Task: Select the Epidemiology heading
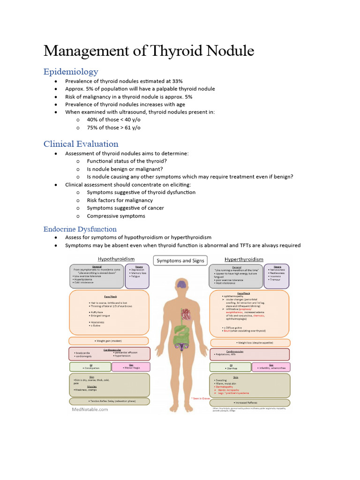pyautogui.click(x=71, y=72)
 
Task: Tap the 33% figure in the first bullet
pyautogui.click(x=176, y=81)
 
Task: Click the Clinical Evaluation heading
pyautogui.click(x=81, y=144)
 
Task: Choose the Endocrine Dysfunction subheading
pyautogui.click(x=80, y=229)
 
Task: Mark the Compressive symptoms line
pyautogui.click(x=116, y=216)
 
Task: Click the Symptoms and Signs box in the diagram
pyautogui.click(x=180, y=261)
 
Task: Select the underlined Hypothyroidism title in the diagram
pyautogui.click(x=116, y=259)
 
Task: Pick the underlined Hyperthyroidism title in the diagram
pyautogui.click(x=244, y=259)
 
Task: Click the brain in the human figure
pyautogui.click(x=180, y=284)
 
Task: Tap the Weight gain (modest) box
pyautogui.click(x=109, y=341)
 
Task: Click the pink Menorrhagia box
pyautogui.click(x=132, y=367)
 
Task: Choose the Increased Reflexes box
pyautogui.click(x=249, y=402)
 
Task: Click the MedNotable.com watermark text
pyautogui.click(x=90, y=409)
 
